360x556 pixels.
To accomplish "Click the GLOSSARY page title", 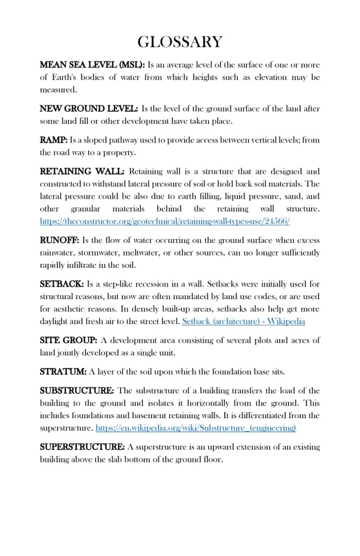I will [180, 42].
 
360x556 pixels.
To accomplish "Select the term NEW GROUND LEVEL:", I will [89, 109].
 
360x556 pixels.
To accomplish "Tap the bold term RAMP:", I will [54, 140].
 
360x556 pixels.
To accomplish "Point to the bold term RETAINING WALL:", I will [82, 172].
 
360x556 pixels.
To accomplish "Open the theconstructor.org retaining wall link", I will [165, 221].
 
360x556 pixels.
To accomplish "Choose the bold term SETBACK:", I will [61, 283].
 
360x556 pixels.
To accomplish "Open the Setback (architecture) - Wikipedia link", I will [244, 321].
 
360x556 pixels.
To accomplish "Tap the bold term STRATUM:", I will [63, 372].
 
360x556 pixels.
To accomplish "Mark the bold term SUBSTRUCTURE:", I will [77, 391].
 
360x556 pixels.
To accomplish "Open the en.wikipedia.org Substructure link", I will [196, 428].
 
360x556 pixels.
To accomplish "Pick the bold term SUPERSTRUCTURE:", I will [82, 447].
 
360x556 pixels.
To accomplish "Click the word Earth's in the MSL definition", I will [68, 77].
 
